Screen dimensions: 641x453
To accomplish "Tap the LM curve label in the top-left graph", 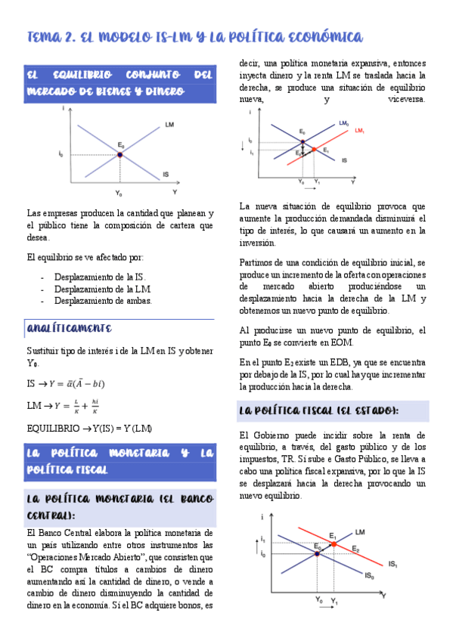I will pyautogui.click(x=168, y=124).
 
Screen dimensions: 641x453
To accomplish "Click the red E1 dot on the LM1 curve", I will pyautogui.click(x=314, y=150).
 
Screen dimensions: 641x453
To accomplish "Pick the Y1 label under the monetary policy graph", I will pyautogui.click(x=317, y=182).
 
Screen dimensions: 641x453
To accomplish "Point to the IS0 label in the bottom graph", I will pyautogui.click(x=370, y=576).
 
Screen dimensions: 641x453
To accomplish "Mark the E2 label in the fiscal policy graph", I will pyautogui.click(x=355, y=548).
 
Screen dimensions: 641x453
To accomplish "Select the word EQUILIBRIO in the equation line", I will pyautogui.click(x=52, y=429).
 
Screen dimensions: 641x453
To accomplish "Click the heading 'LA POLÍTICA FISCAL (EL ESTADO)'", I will pyautogui.click(x=317, y=410).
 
